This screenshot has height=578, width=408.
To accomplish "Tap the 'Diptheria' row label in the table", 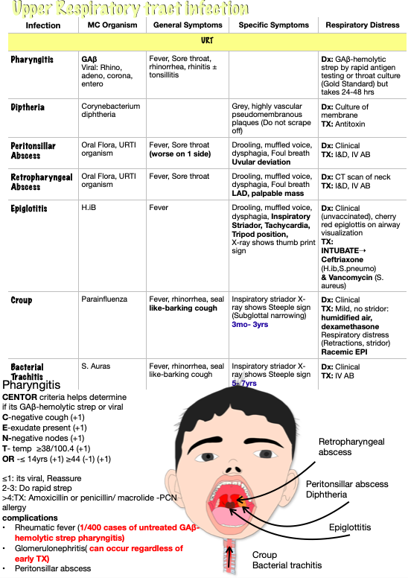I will [x=32, y=107].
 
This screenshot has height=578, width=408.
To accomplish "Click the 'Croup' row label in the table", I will [x=22, y=301].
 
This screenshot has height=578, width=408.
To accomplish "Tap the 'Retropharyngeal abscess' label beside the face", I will [x=351, y=447].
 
